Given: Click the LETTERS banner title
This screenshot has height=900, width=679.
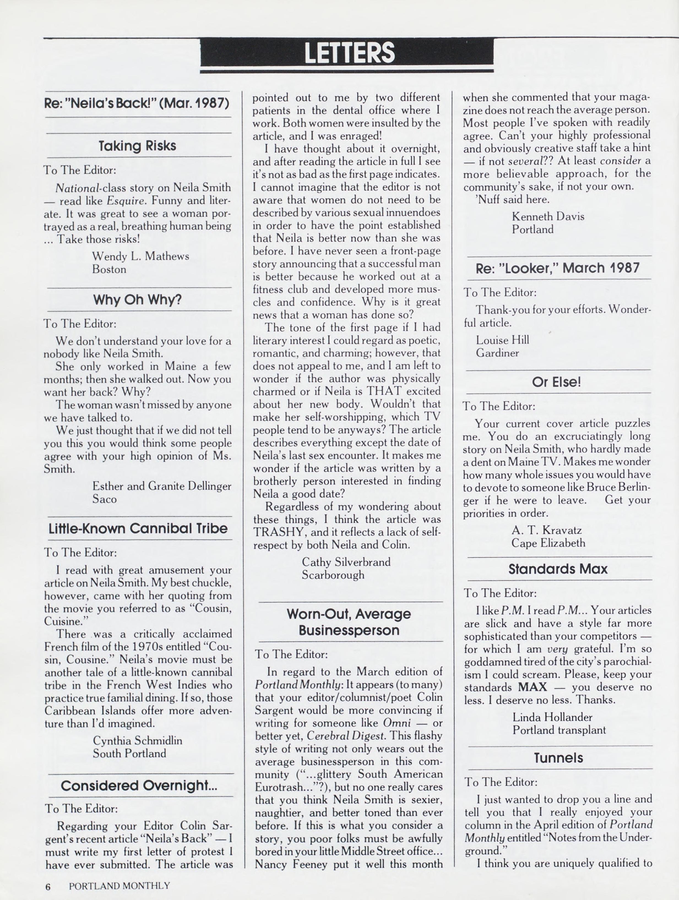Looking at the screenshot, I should point(349,53).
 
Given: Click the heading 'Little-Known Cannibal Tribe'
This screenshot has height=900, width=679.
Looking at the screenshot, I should point(138,528).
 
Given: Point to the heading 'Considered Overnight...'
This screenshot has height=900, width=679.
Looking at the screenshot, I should point(139,785).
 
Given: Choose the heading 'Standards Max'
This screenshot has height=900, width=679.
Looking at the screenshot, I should point(558,569).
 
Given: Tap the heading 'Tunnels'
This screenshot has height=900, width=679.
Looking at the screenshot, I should point(558,758).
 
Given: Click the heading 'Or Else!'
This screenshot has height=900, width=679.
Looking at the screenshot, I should point(556,382).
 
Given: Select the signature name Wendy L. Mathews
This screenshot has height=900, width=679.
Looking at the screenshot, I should point(140,256).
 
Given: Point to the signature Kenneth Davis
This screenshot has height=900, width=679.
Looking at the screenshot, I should point(548,216).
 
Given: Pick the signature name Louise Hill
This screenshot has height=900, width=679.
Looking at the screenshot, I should point(502,340).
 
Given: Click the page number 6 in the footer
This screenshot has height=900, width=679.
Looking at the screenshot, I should point(48,887).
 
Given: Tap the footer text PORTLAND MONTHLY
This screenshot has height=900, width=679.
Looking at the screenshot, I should point(119,886).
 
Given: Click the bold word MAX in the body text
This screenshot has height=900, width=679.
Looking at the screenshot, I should point(533,687).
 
